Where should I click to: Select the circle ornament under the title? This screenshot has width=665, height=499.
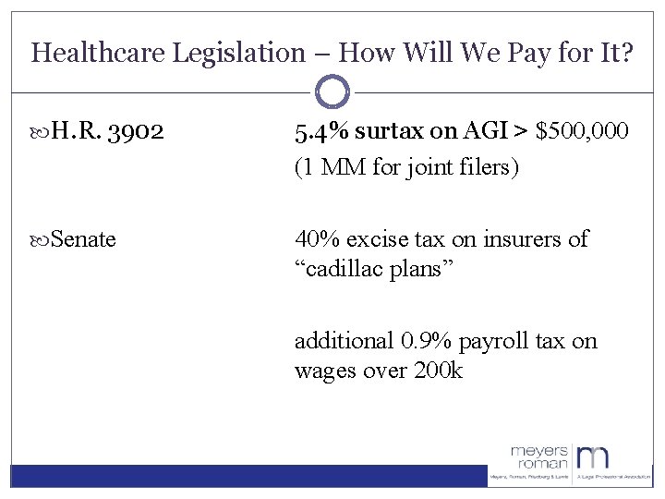[332, 92]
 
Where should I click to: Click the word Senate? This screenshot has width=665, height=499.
[84, 239]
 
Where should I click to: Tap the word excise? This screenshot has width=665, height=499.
[380, 239]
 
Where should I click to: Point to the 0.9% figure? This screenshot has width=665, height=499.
[420, 341]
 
